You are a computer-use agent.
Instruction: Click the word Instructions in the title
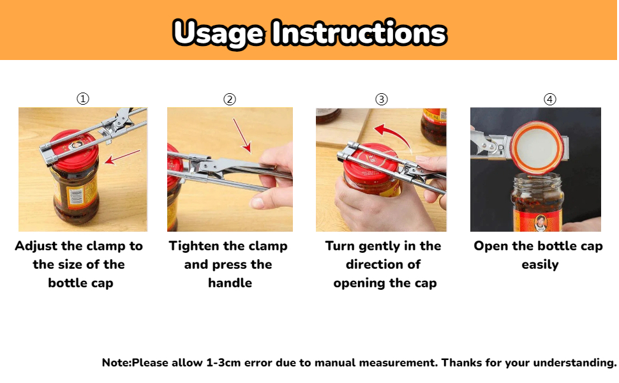tap(359, 32)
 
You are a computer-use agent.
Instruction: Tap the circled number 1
tap(83, 98)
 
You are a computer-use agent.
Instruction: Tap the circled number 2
tap(230, 99)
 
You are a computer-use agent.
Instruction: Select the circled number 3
tap(382, 99)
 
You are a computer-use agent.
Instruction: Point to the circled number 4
tap(550, 99)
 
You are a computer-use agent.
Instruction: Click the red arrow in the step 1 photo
tap(123, 157)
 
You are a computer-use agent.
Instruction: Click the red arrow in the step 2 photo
tap(242, 135)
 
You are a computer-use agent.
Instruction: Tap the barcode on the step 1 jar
tap(76, 196)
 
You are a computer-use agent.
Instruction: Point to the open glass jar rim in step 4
tap(537, 179)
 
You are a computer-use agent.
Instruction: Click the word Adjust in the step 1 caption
tap(36, 246)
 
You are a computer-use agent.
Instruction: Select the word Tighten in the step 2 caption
tap(195, 246)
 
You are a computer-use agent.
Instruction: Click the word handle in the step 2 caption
tap(230, 283)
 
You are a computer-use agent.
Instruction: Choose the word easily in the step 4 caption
tap(540, 264)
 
